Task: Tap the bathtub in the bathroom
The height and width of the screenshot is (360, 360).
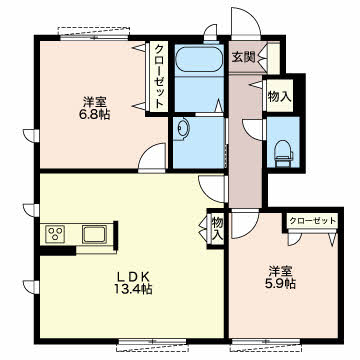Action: pos(199,59)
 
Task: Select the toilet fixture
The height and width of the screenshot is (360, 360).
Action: pos(283,153)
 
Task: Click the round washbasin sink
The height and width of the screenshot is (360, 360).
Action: pos(183,129)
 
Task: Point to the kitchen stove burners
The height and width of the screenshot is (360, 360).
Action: pos(56,234)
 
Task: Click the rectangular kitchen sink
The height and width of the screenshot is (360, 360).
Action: pos(95,234)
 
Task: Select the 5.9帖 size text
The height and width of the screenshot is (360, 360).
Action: pos(280,284)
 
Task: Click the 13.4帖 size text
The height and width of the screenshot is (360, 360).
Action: pos(134,289)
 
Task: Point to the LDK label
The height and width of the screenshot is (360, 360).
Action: pos(134,276)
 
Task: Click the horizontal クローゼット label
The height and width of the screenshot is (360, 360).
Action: pos(312,221)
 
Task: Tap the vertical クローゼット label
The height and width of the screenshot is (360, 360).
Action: pos(158,78)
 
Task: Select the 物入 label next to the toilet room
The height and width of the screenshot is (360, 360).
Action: pos(280,96)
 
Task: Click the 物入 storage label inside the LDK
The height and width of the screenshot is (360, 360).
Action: pos(218,228)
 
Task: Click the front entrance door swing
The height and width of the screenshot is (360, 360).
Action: pos(246,22)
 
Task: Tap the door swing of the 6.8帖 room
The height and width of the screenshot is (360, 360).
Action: pos(152,156)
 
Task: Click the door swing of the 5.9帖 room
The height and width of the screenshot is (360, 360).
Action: pos(245,225)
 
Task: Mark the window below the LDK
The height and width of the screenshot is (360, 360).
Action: pos(152,345)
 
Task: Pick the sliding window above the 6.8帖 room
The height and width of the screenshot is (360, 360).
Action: pos(94,33)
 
